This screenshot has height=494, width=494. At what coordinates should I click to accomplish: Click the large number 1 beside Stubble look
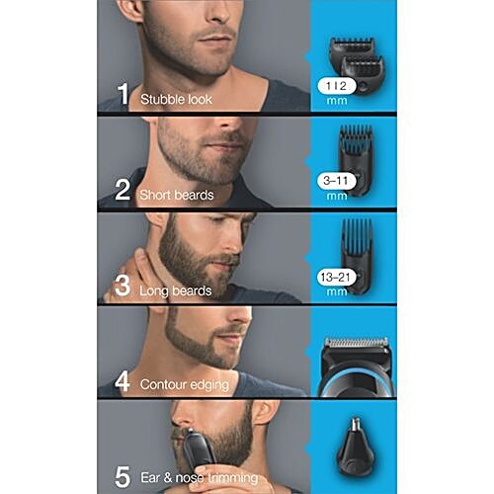click(x=123, y=94)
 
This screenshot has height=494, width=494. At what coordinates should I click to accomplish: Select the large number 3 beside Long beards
click(x=123, y=285)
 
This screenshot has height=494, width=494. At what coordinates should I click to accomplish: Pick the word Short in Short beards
click(x=154, y=195)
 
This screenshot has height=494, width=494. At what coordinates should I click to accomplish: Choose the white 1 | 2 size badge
click(x=337, y=86)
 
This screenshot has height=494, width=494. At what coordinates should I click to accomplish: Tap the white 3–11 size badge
click(x=337, y=181)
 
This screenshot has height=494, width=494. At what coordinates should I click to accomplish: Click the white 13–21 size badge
click(x=337, y=277)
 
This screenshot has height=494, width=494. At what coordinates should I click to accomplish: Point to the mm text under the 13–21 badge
click(x=337, y=291)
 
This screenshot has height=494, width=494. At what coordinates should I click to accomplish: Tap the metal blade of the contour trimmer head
click(x=357, y=342)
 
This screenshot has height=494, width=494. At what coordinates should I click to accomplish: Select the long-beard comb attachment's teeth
click(x=357, y=236)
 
